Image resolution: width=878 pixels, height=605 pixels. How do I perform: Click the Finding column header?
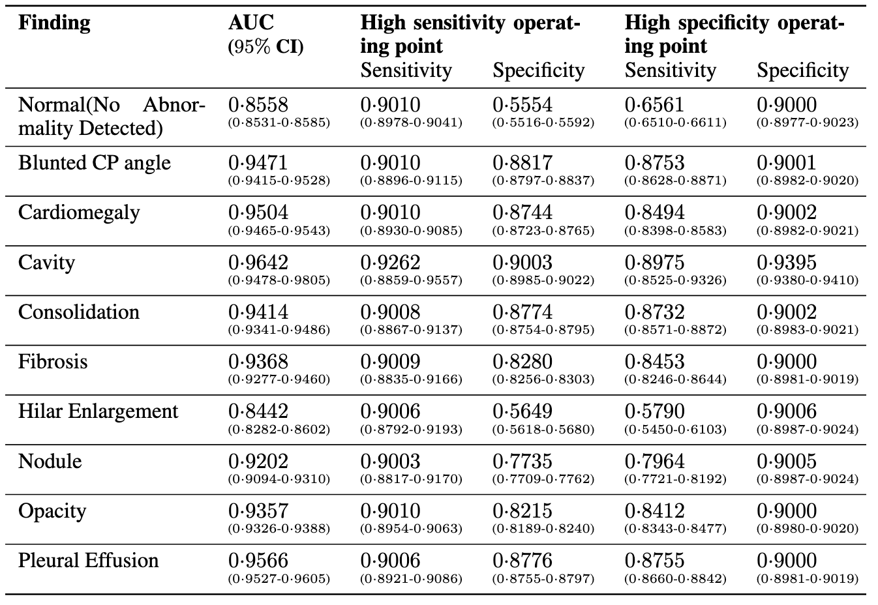click(x=54, y=23)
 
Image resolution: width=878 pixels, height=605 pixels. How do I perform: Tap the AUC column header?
click(x=251, y=23)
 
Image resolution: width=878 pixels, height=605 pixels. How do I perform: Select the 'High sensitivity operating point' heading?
click(x=470, y=34)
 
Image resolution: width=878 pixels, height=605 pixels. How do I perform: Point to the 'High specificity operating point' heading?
click(x=734, y=34)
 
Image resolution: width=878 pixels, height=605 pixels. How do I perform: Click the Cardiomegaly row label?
click(x=79, y=213)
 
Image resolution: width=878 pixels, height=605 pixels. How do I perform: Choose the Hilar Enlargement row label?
click(x=98, y=412)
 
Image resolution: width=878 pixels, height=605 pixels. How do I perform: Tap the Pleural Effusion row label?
click(x=88, y=561)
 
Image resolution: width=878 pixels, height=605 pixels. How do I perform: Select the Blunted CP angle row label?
click(x=94, y=163)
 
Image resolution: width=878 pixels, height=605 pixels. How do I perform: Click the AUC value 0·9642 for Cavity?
click(x=258, y=263)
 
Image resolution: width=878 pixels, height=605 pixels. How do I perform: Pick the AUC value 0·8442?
click(x=258, y=411)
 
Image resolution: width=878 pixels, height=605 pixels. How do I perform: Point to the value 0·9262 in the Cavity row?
click(x=390, y=263)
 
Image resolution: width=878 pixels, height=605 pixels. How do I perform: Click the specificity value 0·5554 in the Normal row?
click(x=522, y=104)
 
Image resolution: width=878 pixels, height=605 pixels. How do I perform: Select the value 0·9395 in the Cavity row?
click(x=787, y=263)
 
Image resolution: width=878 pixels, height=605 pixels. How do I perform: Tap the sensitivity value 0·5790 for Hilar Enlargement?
click(x=655, y=411)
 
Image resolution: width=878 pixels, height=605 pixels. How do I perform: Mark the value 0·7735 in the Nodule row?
click(x=522, y=462)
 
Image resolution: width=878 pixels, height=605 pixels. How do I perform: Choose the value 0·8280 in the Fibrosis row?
click(x=522, y=362)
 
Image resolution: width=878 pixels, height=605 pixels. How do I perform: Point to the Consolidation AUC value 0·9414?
click(x=258, y=312)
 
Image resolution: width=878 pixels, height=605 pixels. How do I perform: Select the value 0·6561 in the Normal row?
click(x=655, y=104)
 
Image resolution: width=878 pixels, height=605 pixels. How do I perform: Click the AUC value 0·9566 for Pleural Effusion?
click(x=258, y=561)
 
